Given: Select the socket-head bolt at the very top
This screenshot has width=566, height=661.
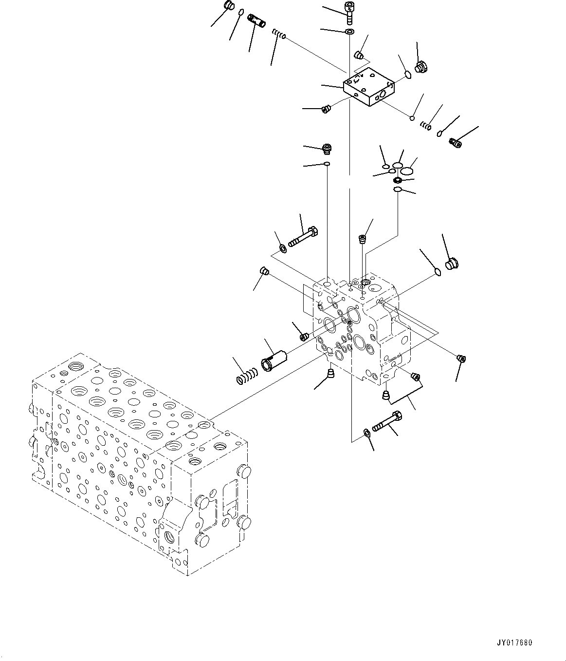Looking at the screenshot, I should [x=348, y=12].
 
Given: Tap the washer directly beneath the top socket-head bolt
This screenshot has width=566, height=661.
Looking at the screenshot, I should [x=349, y=32].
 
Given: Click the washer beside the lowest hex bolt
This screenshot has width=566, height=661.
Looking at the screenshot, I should [x=367, y=432].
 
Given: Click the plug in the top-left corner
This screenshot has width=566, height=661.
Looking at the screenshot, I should [x=229, y=6].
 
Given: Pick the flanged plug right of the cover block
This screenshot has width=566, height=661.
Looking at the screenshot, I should [x=420, y=67].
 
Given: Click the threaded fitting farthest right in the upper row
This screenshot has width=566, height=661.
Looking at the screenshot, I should [x=456, y=142].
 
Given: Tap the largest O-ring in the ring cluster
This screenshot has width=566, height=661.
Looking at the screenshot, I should [x=406, y=171].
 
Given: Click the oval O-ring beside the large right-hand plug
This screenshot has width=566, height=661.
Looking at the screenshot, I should [x=437, y=272].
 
